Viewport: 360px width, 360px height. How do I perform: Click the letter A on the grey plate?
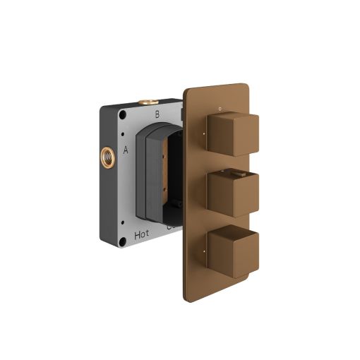point(126,150)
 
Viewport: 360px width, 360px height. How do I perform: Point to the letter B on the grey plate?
point(157,113)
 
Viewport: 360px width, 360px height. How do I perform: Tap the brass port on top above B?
point(147,102)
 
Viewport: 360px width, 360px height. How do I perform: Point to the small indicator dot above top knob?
point(220,108)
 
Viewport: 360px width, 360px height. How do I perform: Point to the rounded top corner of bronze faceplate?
point(194,90)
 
